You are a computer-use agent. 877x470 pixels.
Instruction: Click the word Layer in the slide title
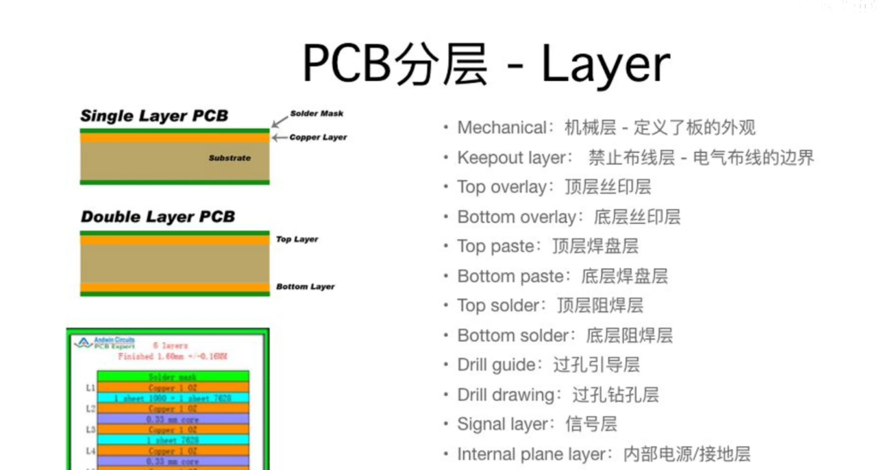pos(605,65)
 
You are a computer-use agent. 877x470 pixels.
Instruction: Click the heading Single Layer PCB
pos(154,116)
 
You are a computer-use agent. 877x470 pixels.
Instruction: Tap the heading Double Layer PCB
pos(158,217)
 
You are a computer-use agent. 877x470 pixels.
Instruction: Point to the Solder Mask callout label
pos(317,114)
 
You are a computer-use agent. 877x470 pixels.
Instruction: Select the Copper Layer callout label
pos(318,137)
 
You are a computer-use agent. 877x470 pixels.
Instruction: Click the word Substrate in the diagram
pos(230,158)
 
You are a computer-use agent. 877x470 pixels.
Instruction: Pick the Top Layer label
pos(297,239)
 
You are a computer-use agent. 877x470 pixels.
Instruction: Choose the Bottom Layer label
pos(305,286)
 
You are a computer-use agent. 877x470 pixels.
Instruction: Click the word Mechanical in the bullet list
pos(502,128)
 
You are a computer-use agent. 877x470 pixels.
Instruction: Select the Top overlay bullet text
pos(503,188)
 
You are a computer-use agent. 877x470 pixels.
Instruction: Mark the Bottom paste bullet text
pos(510,277)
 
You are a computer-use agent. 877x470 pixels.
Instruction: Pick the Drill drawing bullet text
pos(506,395)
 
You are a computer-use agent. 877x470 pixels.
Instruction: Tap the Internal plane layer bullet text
pos(532,454)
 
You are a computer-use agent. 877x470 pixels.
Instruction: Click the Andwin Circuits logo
pos(104,343)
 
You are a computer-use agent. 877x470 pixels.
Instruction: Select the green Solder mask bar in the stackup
pos(173,377)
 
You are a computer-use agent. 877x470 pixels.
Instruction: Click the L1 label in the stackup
pos(90,388)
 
